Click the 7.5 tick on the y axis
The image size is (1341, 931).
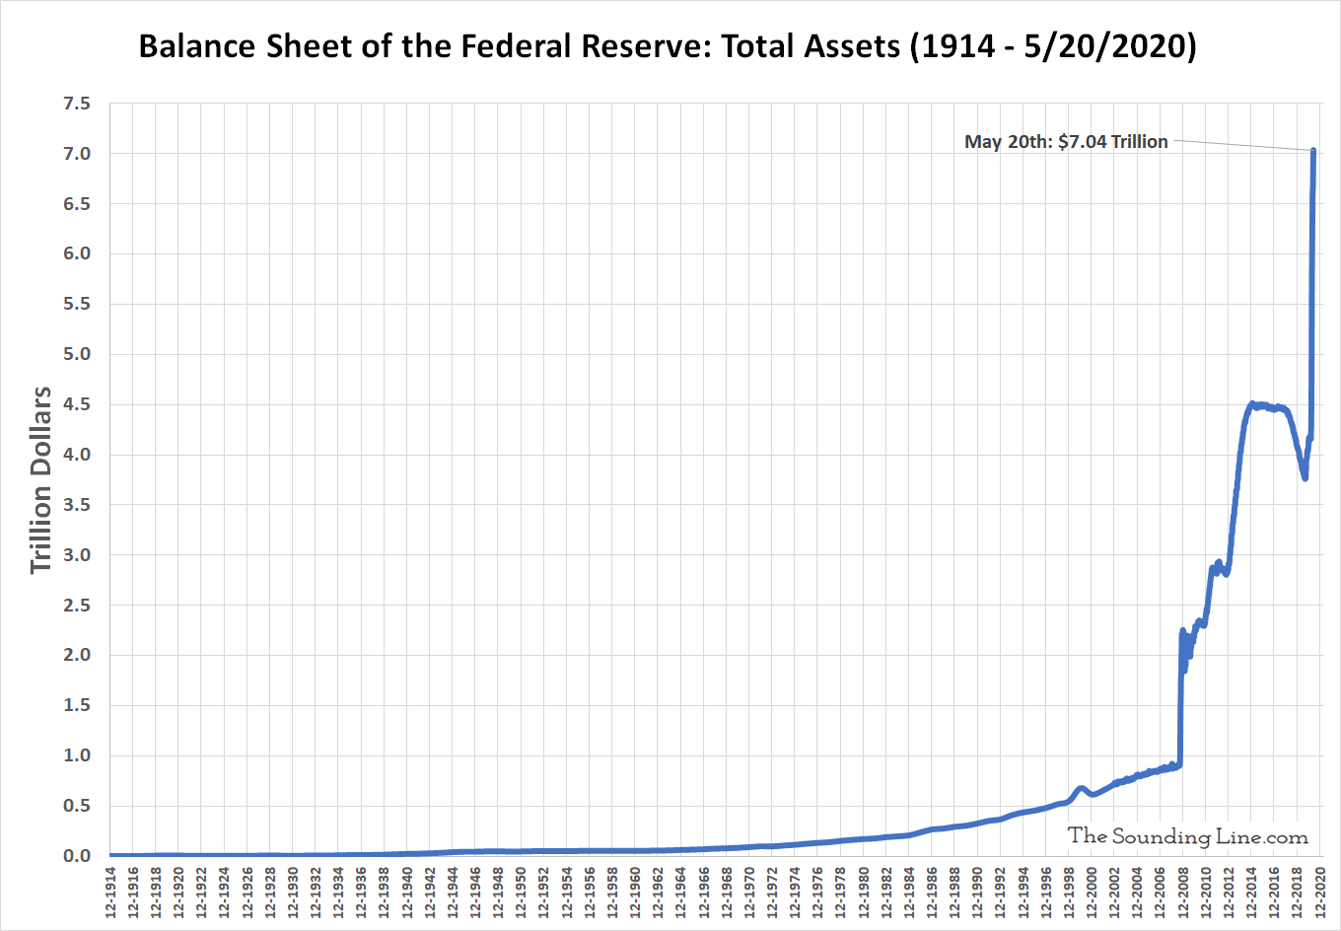pos(77,104)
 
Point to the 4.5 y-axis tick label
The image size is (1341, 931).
pos(77,404)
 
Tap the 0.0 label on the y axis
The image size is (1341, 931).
pos(77,856)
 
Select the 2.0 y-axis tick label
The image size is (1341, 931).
pos(77,655)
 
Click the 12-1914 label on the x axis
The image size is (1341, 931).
pos(110,893)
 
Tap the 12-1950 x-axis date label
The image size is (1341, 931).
pos(522,893)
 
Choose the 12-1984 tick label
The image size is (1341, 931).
pos(909,893)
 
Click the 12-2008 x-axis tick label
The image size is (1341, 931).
pos(1183,893)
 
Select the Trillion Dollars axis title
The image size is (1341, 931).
pos(40,479)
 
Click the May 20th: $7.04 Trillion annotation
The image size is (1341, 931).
pos(1066,142)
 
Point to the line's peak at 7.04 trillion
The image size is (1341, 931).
pos(1313,151)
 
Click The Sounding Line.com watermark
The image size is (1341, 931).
pos(1187,836)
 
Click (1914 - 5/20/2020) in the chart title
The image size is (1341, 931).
pos(1053,46)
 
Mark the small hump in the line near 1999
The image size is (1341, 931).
pos(1082,788)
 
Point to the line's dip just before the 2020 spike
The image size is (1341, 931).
pos(1305,477)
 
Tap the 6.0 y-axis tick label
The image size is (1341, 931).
pos(77,253)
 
